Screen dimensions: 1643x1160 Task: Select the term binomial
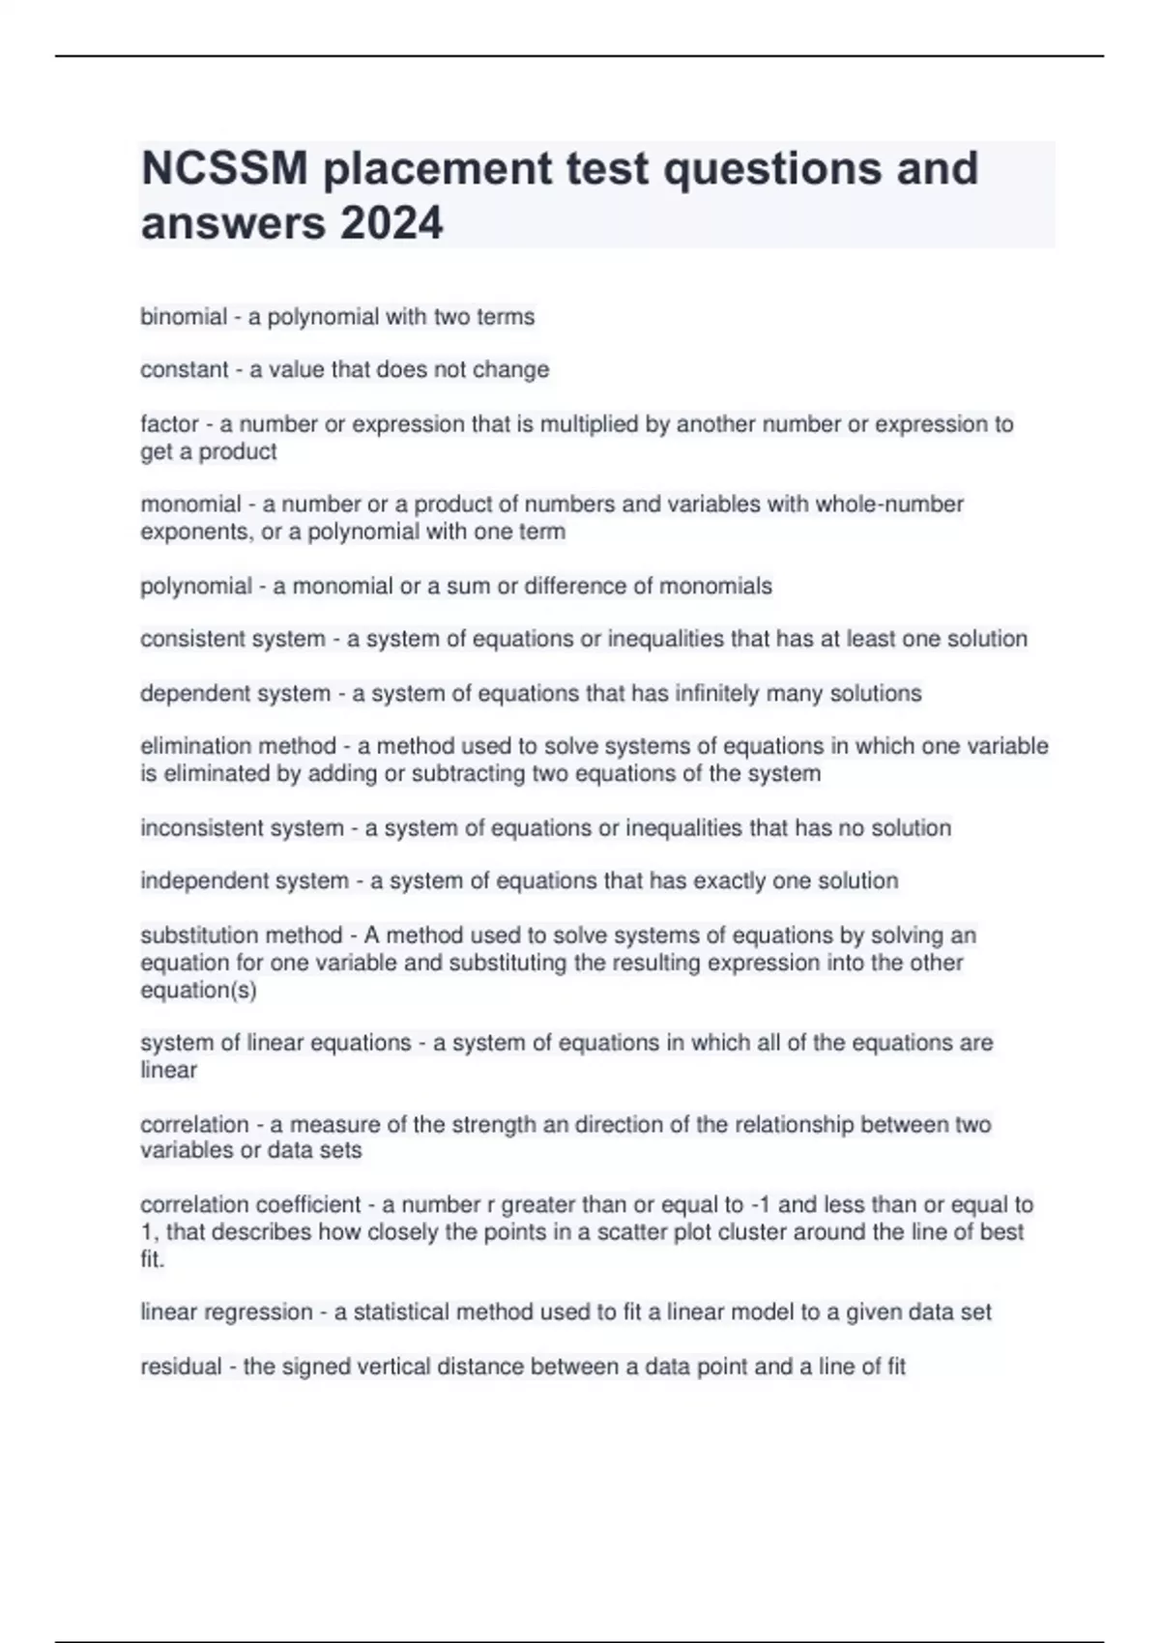point(184,317)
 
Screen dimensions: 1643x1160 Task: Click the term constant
point(184,370)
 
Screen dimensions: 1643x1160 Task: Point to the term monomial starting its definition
point(190,504)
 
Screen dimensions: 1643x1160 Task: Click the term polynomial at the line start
point(196,587)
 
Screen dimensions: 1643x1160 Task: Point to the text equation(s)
point(198,991)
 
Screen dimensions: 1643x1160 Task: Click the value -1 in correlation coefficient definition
point(761,1205)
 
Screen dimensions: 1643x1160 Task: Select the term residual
point(181,1367)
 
